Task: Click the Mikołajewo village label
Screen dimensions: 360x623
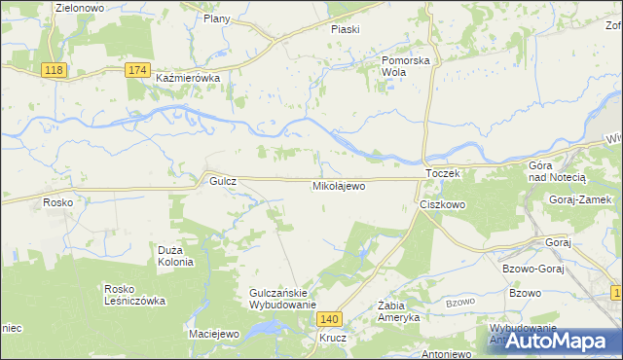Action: [338, 185]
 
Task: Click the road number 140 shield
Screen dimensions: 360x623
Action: [331, 319]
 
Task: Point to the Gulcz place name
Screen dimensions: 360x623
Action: [217, 181]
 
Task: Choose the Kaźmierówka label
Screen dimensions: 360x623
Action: [189, 77]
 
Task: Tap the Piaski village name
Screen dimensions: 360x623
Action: [345, 29]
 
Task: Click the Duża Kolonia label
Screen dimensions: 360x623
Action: [176, 256]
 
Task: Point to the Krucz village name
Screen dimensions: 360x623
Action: [332, 339]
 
